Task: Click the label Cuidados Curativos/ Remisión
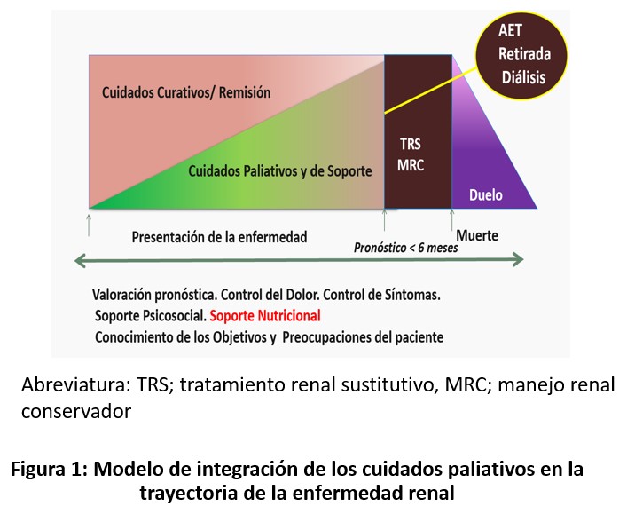(x=185, y=92)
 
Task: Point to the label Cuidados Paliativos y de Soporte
(x=279, y=170)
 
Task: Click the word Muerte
(x=477, y=236)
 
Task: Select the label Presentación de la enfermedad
(x=219, y=237)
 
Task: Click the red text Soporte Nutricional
(x=265, y=315)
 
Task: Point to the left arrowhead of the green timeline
(x=80, y=260)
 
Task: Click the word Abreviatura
(x=75, y=386)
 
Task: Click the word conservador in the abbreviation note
(x=75, y=412)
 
